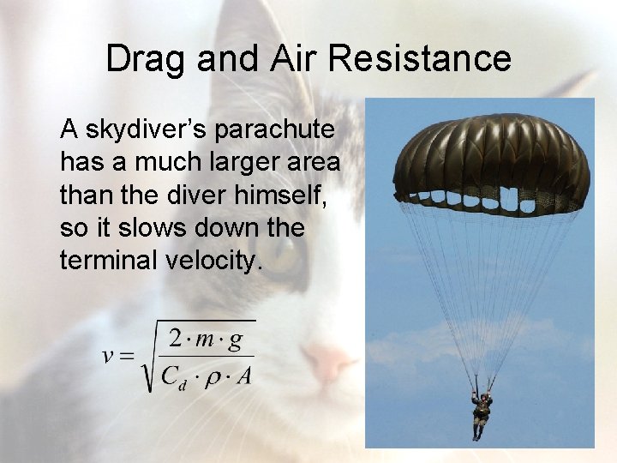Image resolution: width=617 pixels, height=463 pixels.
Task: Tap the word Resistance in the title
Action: click(419, 59)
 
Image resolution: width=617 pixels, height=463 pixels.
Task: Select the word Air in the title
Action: click(291, 59)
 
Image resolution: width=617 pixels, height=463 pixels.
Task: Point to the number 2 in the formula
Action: click(177, 338)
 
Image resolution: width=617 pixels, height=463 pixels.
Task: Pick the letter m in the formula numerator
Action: click(205, 340)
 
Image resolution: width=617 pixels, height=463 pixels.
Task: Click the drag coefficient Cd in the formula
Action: click(173, 376)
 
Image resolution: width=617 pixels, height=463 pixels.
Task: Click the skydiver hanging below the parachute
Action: click(482, 412)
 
